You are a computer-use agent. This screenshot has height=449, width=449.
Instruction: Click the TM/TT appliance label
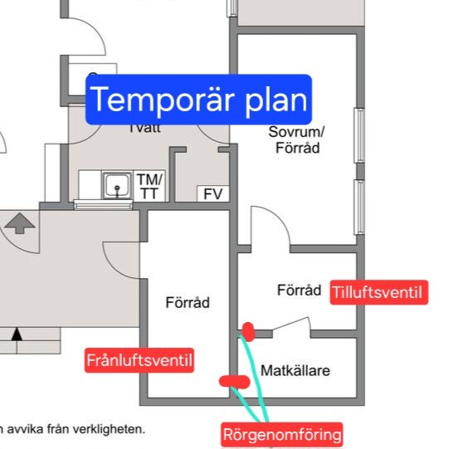point(150,186)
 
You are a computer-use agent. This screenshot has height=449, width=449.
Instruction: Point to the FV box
point(213,194)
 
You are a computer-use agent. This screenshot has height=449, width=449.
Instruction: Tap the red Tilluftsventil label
point(378,292)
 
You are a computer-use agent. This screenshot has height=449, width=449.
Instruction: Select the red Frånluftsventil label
point(139,360)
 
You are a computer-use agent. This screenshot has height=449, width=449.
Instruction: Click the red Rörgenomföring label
point(282,433)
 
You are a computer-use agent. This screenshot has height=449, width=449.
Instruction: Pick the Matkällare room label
point(295,370)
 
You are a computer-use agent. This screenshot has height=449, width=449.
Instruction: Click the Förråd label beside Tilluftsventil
point(298,290)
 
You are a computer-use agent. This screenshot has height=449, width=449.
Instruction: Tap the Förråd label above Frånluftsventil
point(188,303)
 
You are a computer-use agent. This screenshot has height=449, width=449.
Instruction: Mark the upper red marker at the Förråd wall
point(247,332)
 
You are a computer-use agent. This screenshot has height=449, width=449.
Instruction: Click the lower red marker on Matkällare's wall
point(234,381)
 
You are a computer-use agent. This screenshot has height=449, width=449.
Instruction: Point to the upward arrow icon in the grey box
point(20,223)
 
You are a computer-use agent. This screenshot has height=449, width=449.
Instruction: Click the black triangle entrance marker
point(17,334)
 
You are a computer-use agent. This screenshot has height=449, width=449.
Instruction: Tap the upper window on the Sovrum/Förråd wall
point(359,135)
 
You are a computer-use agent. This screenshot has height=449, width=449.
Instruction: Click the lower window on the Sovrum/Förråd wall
point(359,207)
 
